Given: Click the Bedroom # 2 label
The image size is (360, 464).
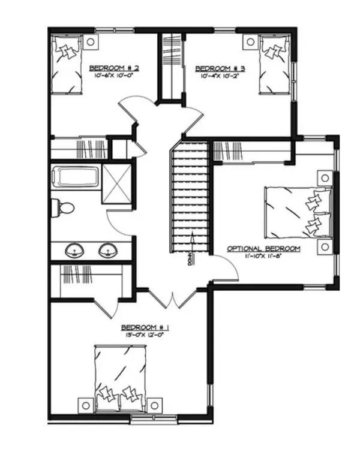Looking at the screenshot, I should (x=108, y=68).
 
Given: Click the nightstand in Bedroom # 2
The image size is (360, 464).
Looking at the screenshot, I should (x=91, y=42).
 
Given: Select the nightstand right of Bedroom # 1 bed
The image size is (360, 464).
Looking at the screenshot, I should (x=158, y=405).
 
